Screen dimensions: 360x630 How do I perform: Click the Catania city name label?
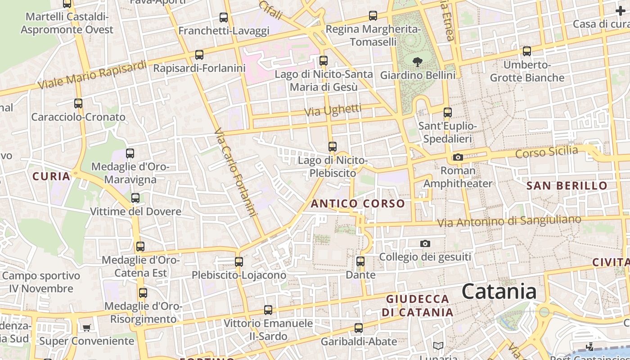pos(499,292)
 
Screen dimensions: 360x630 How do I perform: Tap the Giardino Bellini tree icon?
pos(418,62)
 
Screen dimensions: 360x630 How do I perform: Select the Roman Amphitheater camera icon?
pos(458,157)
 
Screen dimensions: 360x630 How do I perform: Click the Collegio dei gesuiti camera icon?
pos(425,243)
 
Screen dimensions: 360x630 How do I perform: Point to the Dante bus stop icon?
pos(360,261)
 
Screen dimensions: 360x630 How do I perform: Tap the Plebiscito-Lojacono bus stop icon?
pos(239,261)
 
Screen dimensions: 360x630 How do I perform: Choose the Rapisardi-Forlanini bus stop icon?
pos(199,55)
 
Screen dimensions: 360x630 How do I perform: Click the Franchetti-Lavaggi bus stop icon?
pos(224,18)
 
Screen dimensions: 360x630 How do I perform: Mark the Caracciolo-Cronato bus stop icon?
pos(78,103)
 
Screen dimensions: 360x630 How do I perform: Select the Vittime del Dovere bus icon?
pos(135,198)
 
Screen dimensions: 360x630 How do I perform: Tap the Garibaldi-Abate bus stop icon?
pos(359,328)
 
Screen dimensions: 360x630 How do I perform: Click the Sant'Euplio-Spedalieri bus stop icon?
pos(447,112)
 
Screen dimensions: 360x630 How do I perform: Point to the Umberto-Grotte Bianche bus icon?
pos(527,51)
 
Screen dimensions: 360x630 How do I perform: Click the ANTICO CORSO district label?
pos(358,203)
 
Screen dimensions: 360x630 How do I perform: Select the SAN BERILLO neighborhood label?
pos(567,185)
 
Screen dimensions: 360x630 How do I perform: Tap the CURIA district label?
pos(51,176)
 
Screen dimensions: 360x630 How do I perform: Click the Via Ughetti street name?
pos(333,110)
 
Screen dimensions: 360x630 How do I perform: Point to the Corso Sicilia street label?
pos(546,152)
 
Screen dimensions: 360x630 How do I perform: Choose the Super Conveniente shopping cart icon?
pos(86,328)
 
